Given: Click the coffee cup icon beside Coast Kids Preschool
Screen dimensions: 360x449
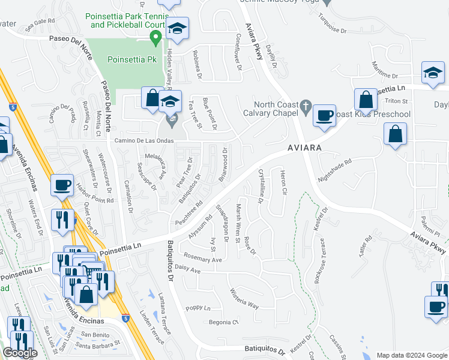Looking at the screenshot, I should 325,116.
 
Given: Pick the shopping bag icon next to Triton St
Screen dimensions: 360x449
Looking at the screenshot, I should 365,100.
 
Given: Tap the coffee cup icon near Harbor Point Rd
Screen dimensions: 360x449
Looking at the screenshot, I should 62,186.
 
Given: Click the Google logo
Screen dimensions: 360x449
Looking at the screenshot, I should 20,353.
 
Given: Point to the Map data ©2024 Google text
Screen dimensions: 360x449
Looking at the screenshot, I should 412,355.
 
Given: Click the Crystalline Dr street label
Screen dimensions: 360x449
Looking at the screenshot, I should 261,186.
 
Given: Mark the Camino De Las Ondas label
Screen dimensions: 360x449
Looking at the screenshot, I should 144,140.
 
